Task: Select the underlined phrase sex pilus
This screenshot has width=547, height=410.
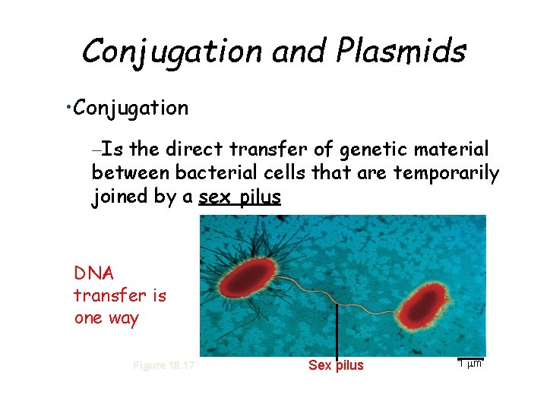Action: click(240, 197)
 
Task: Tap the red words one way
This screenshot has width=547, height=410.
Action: click(106, 317)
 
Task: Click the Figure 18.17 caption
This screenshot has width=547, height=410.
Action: click(163, 365)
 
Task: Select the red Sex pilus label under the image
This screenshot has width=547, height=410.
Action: click(336, 365)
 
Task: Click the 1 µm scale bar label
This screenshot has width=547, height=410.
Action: click(471, 363)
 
